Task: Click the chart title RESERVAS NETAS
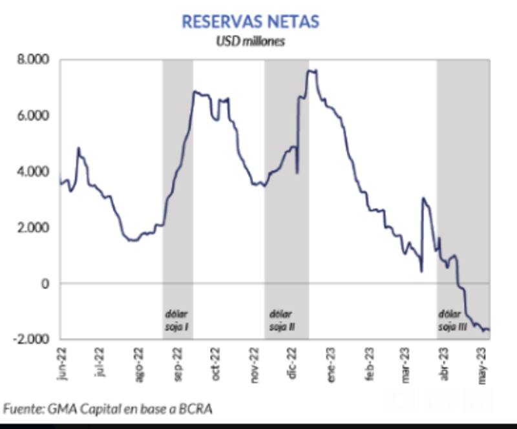(250, 21)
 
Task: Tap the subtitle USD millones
(250, 41)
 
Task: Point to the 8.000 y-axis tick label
(32, 60)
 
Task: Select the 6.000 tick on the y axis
(32, 116)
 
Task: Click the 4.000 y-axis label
(32, 172)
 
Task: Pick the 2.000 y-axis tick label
(32, 228)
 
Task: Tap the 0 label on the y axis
(44, 284)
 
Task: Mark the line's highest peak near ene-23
(311, 70)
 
